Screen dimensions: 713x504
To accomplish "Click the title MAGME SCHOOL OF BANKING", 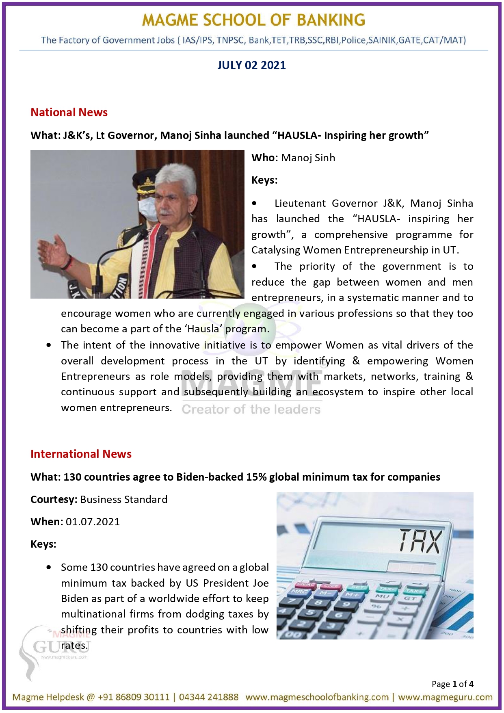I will pyautogui.click(x=253, y=20).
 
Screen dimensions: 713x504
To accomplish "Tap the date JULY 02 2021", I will pyautogui.click(x=251, y=65).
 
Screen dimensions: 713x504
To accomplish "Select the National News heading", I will pyautogui.click(x=69, y=112).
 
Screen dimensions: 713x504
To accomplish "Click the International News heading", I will pyautogui.click(x=81, y=454).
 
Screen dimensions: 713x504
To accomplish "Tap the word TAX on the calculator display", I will pyautogui.click(x=420, y=541).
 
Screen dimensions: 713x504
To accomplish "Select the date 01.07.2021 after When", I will pyautogui.click(x=93, y=522).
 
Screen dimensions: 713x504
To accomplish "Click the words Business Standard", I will pyautogui.click(x=123, y=499).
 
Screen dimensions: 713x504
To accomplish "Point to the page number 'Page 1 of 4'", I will pyautogui.click(x=452, y=684).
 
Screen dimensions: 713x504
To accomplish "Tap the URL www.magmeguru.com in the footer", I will pyautogui.click(x=445, y=697).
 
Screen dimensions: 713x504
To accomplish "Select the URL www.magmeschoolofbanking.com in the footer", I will pyautogui.click(x=317, y=697).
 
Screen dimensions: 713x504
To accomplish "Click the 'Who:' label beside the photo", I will pyautogui.click(x=264, y=158).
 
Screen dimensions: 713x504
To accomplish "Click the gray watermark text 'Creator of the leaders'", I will pyautogui.click(x=251, y=409).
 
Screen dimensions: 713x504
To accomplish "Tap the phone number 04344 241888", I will pyautogui.click(x=209, y=697).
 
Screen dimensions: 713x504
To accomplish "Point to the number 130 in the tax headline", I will pyautogui.click(x=72, y=477).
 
